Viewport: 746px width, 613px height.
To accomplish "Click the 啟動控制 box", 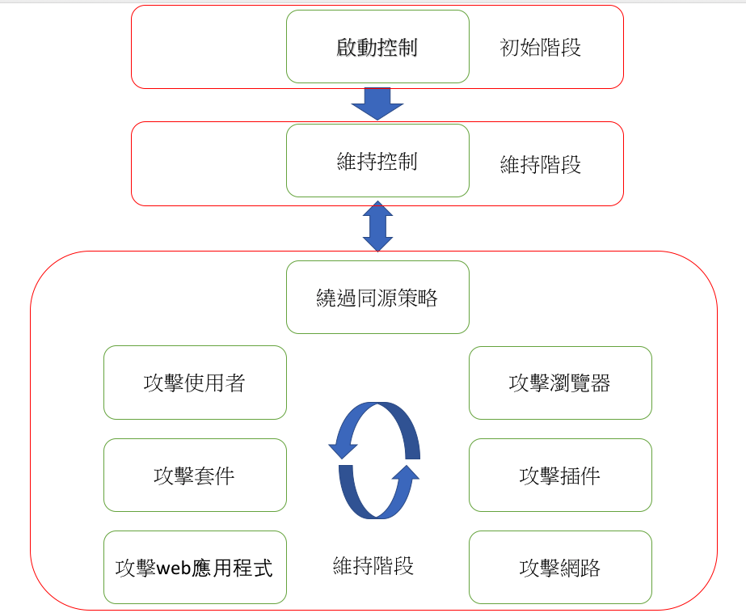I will point(377,47).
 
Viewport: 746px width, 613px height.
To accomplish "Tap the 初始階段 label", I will point(541,48).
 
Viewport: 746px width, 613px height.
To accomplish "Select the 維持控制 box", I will point(377,161).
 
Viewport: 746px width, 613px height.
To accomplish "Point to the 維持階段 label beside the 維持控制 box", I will point(541,165).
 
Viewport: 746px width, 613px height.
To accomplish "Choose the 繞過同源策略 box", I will point(377,298).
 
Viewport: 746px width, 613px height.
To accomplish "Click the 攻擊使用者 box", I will point(195,383).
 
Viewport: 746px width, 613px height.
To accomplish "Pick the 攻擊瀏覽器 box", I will point(560,383).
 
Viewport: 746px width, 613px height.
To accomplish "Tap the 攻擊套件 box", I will point(195,476).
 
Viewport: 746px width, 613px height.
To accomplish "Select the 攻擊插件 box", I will point(560,476).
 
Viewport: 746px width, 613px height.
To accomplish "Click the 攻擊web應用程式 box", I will point(195,568).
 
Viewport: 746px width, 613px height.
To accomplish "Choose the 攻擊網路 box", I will point(560,568).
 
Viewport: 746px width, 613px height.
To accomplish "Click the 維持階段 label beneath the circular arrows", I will point(373,565).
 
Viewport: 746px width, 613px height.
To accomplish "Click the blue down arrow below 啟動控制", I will point(377,103).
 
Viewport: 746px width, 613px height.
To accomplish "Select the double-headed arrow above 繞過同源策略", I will point(377,226).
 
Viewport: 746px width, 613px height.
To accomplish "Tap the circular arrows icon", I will point(374,460).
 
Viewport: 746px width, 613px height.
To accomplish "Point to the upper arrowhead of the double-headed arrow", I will point(377,209).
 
